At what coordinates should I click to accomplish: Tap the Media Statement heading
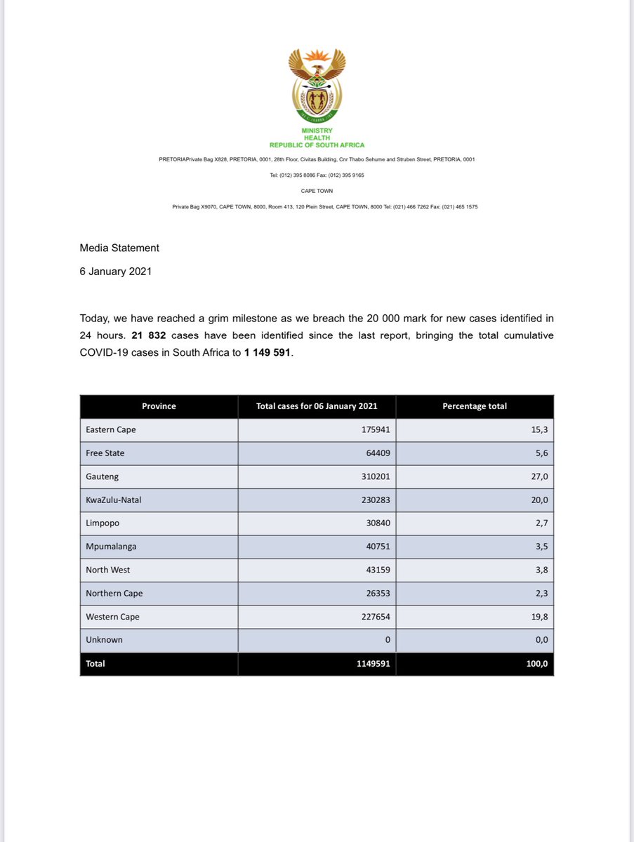119,248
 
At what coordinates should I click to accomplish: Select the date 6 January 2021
115,272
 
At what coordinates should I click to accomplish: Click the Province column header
159,406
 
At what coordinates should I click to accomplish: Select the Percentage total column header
474,406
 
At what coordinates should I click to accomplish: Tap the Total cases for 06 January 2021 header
317,406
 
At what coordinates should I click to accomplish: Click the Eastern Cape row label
111,430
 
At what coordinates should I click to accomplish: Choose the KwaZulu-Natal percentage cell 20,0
539,500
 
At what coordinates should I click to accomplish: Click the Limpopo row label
103,523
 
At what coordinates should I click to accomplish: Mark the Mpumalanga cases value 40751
374,547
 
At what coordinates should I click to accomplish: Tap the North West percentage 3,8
541,570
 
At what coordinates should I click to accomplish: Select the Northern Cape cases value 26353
374,593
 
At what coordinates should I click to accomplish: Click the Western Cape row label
112,617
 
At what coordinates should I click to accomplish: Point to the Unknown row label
104,640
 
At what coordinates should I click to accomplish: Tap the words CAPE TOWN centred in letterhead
317,191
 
